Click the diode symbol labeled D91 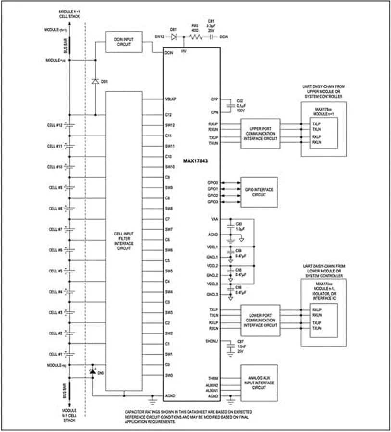pyautogui.click(x=95, y=81)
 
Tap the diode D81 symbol pyautogui.click(x=175, y=36)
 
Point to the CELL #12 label pyautogui.click(x=55, y=125)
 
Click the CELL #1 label pyautogui.click(x=55, y=354)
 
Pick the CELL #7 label pyautogui.click(x=55, y=229)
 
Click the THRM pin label pyautogui.click(x=214, y=379)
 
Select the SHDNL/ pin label pyautogui.click(x=212, y=342)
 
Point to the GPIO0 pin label pyautogui.click(x=213, y=183)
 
